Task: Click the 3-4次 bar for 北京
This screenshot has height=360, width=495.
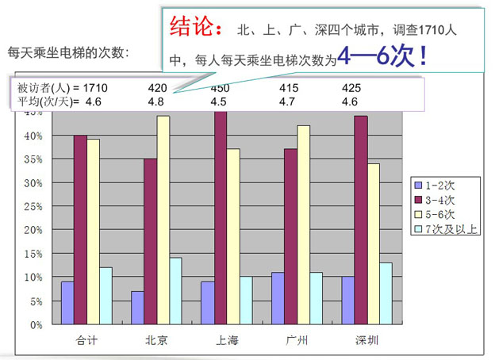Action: pos(151,241)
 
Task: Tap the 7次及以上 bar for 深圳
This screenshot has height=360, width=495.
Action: pos(386,293)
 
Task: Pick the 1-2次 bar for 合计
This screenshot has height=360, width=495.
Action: pos(67,303)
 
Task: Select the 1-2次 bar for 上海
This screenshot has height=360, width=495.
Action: pos(207,303)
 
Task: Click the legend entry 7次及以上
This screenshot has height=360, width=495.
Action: pos(453,230)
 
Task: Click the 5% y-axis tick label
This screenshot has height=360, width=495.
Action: pos(36,301)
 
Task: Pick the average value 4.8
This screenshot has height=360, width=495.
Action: pos(155,101)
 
